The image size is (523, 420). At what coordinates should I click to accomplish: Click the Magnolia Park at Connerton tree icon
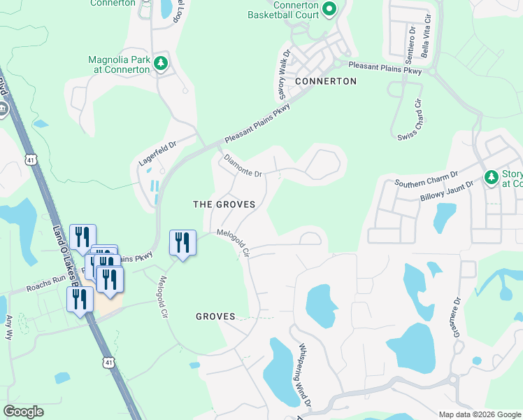coord(161,64)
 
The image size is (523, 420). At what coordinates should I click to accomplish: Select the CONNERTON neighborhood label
coord(326,81)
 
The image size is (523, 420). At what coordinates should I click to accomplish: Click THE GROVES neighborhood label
coord(224,204)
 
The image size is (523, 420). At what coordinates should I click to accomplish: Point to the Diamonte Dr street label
coord(243,166)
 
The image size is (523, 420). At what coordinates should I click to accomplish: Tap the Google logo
coord(23,412)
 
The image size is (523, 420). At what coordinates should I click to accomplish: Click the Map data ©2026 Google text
coord(479,414)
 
